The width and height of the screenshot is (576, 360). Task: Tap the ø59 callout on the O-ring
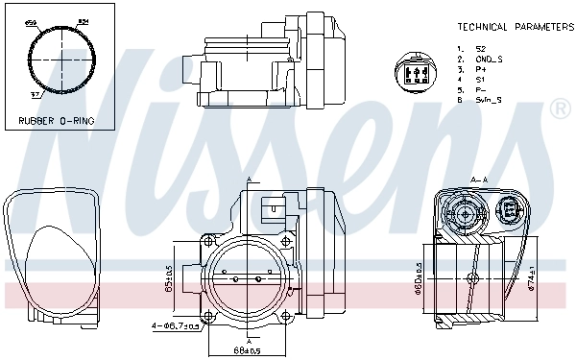pos(30,20)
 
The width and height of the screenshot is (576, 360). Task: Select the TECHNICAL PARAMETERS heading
pos(514,27)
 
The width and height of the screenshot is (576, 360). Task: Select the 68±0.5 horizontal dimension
pos(250,348)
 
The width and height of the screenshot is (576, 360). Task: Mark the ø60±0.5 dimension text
pos(418,278)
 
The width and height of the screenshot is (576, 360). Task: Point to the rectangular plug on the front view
pos(275,205)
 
